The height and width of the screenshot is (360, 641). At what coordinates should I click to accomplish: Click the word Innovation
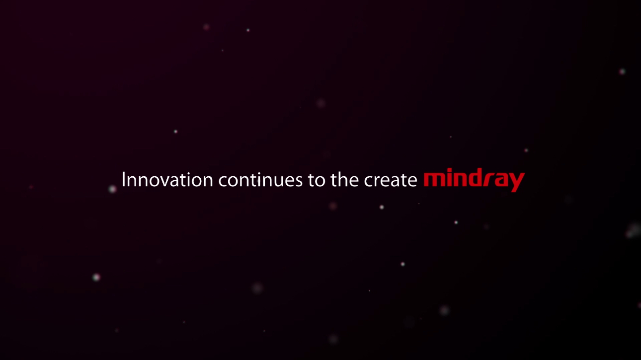tap(167, 180)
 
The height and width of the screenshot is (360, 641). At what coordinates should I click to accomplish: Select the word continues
tap(260, 180)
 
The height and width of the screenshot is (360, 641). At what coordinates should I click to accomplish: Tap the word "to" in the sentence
tap(317, 180)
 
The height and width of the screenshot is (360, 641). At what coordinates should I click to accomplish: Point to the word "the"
tap(344, 180)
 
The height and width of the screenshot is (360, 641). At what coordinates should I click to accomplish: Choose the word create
tap(391, 180)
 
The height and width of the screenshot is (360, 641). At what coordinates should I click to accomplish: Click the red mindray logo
tap(474, 180)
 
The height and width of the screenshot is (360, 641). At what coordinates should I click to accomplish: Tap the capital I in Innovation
tap(123, 180)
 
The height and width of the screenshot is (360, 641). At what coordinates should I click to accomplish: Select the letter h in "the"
tap(343, 180)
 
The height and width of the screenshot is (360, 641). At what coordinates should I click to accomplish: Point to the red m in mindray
tap(434, 180)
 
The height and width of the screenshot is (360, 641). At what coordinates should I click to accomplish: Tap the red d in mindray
tap(475, 178)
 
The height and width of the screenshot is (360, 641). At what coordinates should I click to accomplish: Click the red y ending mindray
tap(516, 182)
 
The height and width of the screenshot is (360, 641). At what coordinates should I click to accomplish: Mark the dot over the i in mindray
tap(450, 170)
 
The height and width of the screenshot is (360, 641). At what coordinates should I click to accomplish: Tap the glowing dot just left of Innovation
tap(112, 189)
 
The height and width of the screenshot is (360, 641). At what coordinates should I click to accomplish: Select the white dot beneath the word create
tap(382, 207)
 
